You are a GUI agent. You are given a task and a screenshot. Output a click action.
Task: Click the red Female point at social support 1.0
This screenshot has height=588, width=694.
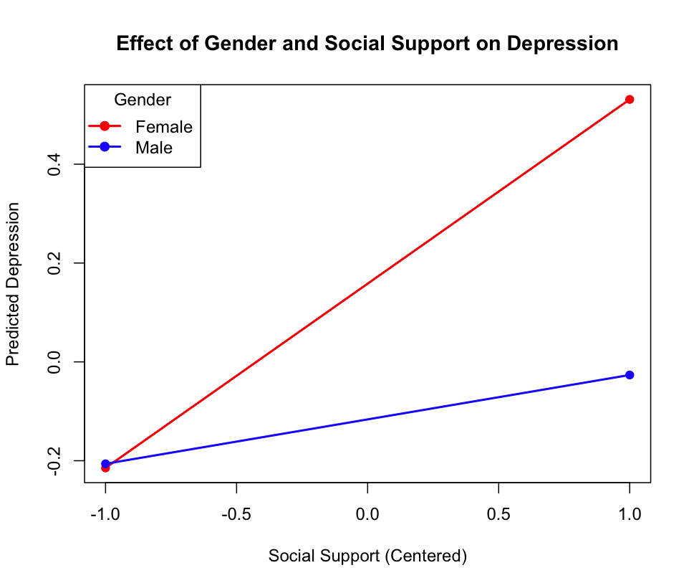[630, 100]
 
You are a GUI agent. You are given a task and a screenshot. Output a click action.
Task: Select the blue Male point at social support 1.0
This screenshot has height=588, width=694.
[630, 375]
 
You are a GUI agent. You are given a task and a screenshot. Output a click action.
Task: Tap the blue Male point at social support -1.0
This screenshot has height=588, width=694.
[106, 464]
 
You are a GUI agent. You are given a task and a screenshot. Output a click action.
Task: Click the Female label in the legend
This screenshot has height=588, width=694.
[164, 127]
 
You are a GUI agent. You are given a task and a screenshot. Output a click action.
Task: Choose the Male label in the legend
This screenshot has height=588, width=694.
[154, 148]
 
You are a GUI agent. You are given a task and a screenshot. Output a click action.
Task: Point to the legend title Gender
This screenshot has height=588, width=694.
[143, 100]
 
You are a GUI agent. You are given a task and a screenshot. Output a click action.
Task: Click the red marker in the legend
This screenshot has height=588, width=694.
[105, 126]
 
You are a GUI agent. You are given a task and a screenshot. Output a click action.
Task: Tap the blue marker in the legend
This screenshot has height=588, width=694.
[105, 147]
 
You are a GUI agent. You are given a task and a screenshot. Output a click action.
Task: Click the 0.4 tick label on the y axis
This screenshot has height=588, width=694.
[54, 165]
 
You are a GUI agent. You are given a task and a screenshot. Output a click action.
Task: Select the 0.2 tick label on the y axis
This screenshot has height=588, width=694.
[54, 263]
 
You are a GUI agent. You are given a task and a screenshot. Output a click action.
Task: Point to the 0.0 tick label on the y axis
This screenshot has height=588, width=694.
[54, 362]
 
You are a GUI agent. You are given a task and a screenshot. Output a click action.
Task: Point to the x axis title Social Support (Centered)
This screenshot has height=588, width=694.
[367, 556]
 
